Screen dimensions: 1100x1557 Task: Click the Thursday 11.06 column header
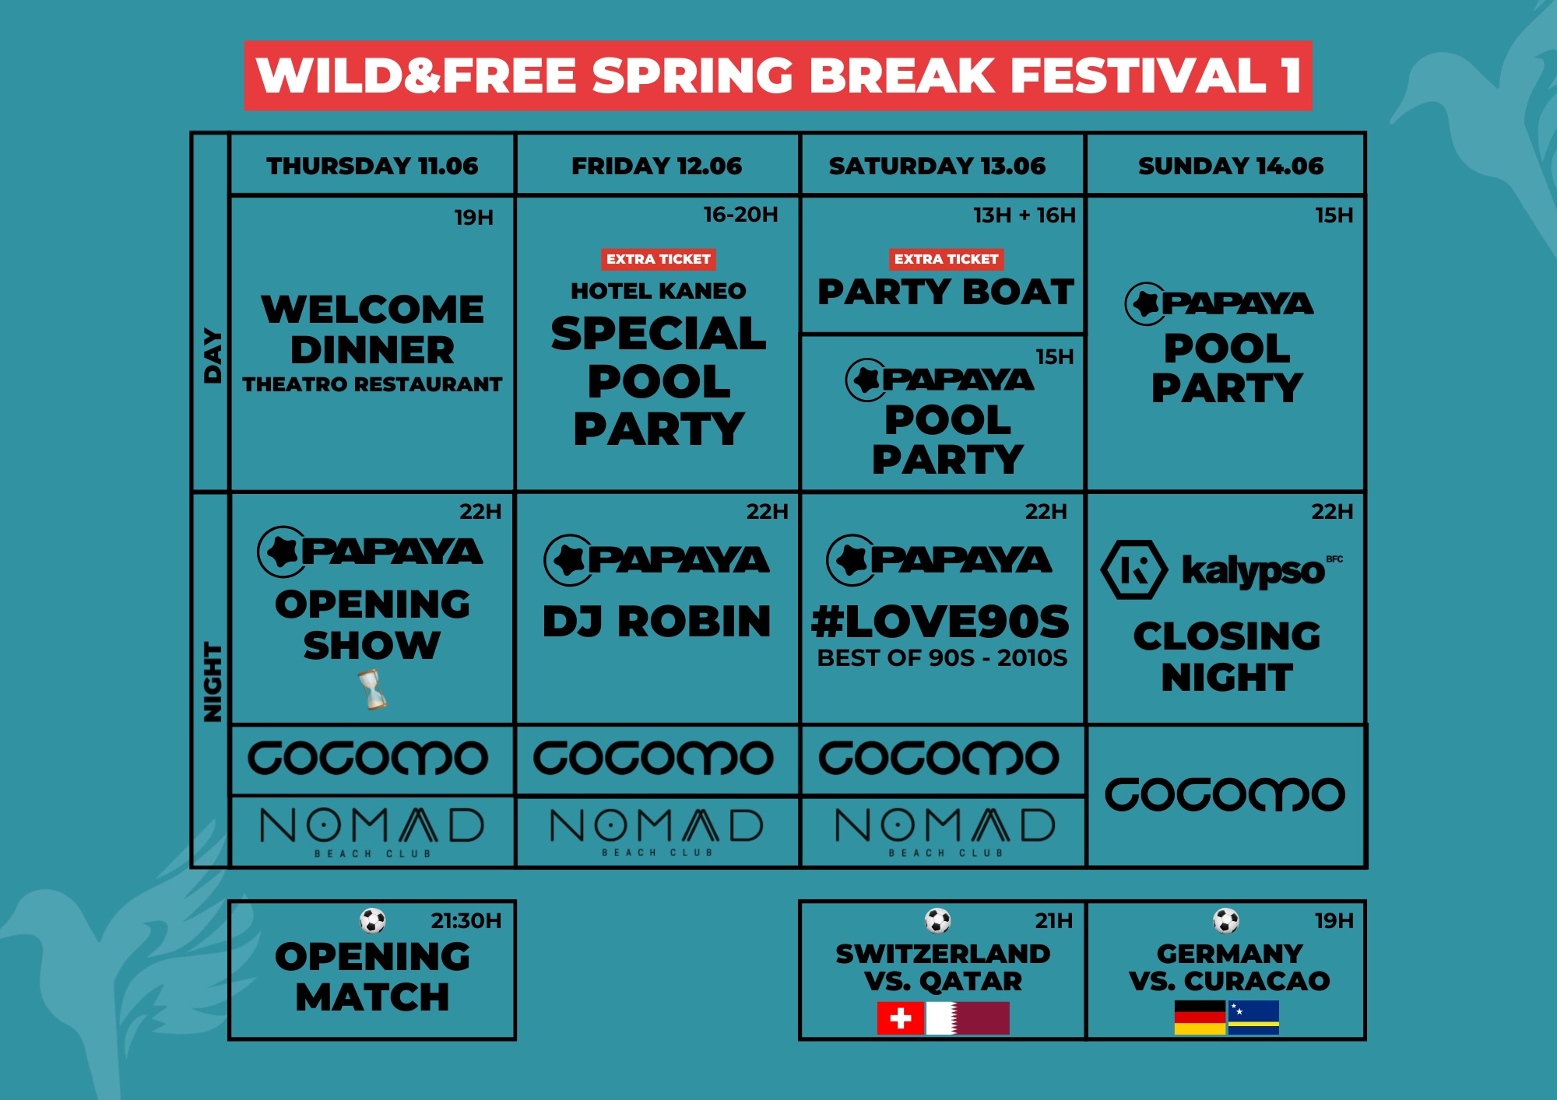click(372, 166)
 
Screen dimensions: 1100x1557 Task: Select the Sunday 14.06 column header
click(1230, 166)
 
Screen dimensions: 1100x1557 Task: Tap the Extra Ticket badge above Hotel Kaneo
click(658, 259)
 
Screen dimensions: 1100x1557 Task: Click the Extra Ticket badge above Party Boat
click(946, 259)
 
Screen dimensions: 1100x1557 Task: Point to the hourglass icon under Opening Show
click(373, 690)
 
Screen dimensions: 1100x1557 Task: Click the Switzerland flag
click(900, 1018)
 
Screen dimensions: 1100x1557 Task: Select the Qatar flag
click(968, 1018)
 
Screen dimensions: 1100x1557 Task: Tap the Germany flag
click(1200, 1018)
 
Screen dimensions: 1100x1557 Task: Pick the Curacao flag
click(1253, 1018)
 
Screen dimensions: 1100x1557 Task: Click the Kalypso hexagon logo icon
click(1133, 570)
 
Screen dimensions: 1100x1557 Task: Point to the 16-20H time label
click(740, 215)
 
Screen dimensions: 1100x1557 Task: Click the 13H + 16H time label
click(1024, 215)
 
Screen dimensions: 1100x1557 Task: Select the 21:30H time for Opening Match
click(466, 921)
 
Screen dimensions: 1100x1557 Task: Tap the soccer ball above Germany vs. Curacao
click(1226, 920)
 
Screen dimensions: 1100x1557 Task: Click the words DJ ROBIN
click(656, 622)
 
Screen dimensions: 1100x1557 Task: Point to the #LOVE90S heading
click(940, 622)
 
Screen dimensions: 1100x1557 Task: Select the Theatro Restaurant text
click(372, 384)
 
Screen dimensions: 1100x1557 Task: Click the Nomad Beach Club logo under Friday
click(656, 831)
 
